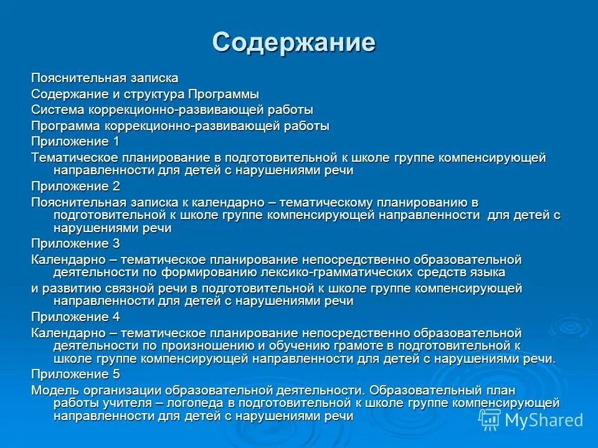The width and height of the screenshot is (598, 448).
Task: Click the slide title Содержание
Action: pos(293,42)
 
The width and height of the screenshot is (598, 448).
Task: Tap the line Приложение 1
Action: pos(75,141)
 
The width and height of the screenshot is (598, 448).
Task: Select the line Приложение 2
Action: pos(75,186)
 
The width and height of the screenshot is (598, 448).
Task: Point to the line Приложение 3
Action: pos(75,243)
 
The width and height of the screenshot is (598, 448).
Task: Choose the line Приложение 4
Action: pos(75,317)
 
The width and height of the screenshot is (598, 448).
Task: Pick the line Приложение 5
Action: pos(75,374)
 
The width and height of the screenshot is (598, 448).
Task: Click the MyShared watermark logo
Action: pos(533,420)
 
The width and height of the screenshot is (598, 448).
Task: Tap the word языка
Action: pos(488,273)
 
